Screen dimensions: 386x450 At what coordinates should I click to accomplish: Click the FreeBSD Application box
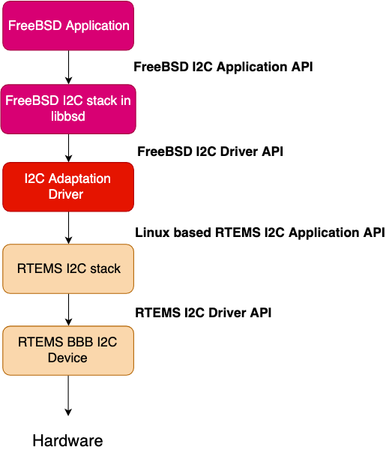tap(68, 25)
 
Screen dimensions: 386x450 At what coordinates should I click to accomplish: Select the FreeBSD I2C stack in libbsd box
tap(68, 109)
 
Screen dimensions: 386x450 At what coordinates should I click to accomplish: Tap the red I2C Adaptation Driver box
tap(68, 187)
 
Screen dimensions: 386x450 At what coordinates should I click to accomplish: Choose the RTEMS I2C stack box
tap(68, 268)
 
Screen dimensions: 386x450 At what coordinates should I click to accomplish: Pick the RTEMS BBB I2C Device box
tap(68, 350)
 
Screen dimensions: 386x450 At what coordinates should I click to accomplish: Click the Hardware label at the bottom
tap(67, 440)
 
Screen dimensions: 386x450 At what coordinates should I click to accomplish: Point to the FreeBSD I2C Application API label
tap(223, 67)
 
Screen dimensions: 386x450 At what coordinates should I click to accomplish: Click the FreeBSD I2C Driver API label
tap(210, 151)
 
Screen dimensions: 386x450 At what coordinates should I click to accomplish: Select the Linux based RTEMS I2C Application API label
tap(260, 232)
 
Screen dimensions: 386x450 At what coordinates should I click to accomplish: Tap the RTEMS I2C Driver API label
tap(203, 313)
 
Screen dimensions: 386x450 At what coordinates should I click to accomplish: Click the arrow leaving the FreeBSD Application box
tap(68, 67)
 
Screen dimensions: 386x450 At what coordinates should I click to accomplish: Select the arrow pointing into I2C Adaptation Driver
tap(68, 148)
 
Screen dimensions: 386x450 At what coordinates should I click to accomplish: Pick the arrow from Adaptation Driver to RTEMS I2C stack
tap(68, 228)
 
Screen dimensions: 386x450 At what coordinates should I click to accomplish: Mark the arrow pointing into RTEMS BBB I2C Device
tap(68, 310)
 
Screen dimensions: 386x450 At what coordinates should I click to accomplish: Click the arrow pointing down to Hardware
tap(68, 395)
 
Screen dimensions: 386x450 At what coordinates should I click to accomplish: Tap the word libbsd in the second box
tap(68, 116)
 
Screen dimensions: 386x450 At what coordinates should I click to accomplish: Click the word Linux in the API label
tap(153, 232)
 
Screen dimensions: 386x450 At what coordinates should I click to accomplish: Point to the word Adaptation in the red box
tap(79, 179)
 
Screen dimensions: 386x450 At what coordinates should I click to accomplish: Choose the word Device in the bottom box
tap(67, 358)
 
